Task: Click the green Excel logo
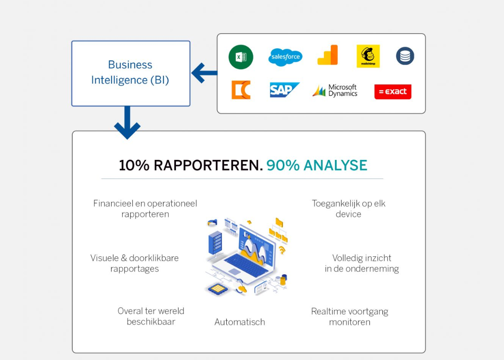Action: click(240, 57)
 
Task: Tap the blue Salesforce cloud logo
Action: click(285, 57)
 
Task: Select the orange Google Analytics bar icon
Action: click(328, 55)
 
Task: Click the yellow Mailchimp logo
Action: click(368, 56)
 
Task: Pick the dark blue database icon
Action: click(405, 56)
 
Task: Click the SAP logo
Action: click(284, 90)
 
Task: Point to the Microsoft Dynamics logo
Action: click(335, 90)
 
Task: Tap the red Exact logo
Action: click(393, 91)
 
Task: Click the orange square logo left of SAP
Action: click(241, 90)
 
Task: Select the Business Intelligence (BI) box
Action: click(130, 73)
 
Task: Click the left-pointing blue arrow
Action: click(204, 73)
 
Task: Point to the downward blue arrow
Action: click(127, 123)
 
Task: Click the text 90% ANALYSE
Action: click(316, 165)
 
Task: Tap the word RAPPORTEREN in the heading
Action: click(208, 165)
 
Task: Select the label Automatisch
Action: click(240, 322)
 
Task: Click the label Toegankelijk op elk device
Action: click(348, 209)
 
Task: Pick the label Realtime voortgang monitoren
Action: click(349, 317)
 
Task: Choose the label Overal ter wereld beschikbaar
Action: click(151, 316)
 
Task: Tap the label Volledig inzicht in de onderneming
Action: click(362, 263)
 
